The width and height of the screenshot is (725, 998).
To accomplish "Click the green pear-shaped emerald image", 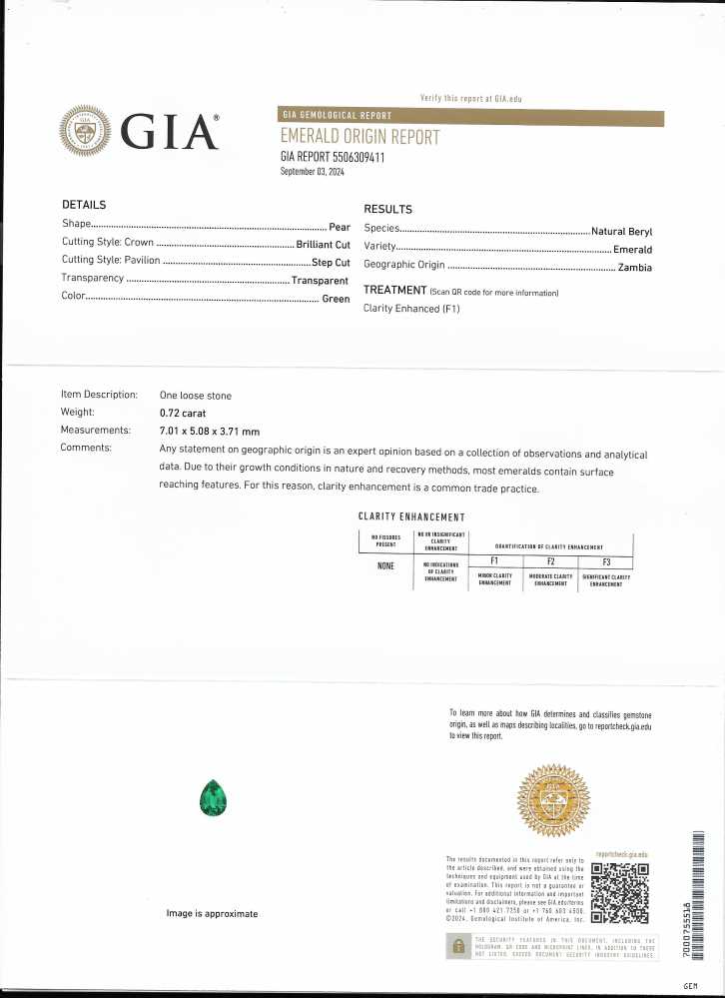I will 214,799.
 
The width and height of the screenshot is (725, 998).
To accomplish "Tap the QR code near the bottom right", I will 620,893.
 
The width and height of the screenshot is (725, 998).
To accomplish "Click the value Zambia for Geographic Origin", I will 635,267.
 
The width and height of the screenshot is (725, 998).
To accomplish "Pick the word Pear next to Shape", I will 339,226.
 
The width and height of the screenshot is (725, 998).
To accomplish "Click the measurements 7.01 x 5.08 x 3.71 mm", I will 210,431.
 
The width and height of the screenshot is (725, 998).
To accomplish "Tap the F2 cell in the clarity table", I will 551,562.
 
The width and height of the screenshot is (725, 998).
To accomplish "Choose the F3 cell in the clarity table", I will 606,562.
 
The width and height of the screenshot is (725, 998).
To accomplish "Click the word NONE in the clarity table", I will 385,566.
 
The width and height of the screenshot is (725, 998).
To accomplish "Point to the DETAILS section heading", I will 84,205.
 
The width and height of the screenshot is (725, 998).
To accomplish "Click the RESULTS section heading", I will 387,210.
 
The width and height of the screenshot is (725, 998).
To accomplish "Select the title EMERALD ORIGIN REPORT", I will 360,137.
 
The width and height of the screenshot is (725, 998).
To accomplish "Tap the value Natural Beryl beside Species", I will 621,231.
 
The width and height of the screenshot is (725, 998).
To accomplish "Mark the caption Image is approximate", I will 212,914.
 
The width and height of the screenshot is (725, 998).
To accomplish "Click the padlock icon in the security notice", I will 459,946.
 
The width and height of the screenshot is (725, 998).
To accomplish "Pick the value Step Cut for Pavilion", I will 330,262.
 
